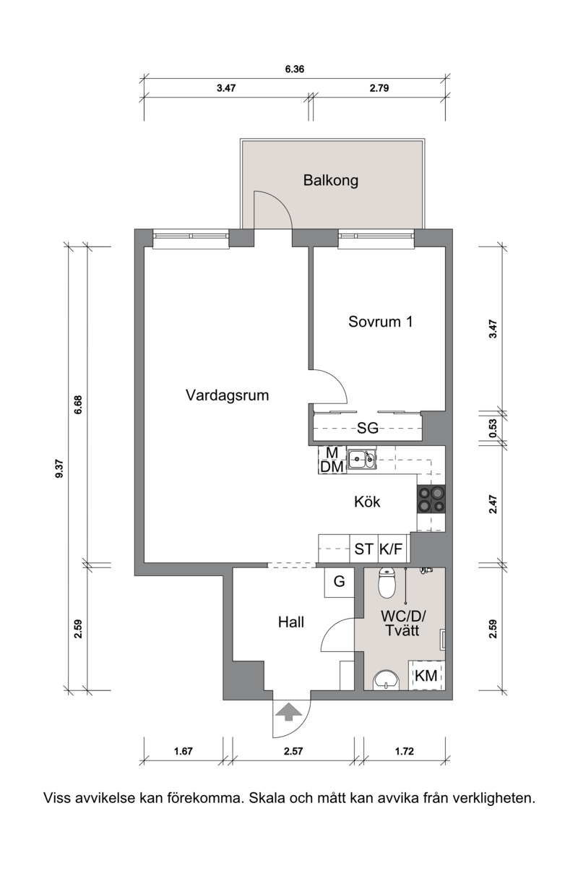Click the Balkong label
click(x=330, y=181)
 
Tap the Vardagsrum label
click(x=228, y=395)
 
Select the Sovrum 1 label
click(x=380, y=322)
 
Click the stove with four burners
click(x=431, y=499)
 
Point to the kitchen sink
click(x=361, y=459)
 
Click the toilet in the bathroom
click(x=387, y=582)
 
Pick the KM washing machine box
click(x=426, y=675)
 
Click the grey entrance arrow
click(x=288, y=712)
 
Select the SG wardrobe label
click(x=368, y=428)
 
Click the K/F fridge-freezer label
click(x=390, y=549)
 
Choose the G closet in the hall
click(x=340, y=582)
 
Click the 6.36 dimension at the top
click(x=295, y=69)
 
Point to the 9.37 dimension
click(x=59, y=469)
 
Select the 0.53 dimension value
click(x=493, y=428)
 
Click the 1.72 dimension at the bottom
click(x=405, y=751)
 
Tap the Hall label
click(x=290, y=622)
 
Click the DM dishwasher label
click(x=332, y=467)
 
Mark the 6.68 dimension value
click(x=78, y=404)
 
